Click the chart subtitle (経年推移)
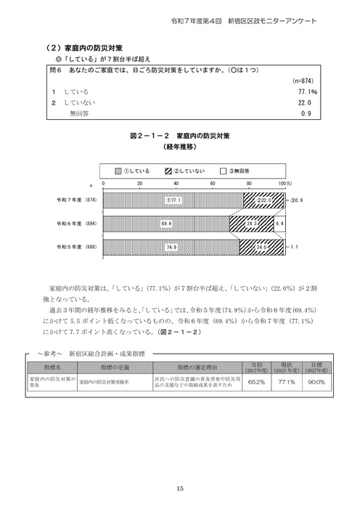pos(179,146)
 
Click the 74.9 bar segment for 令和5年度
pos(171,248)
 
